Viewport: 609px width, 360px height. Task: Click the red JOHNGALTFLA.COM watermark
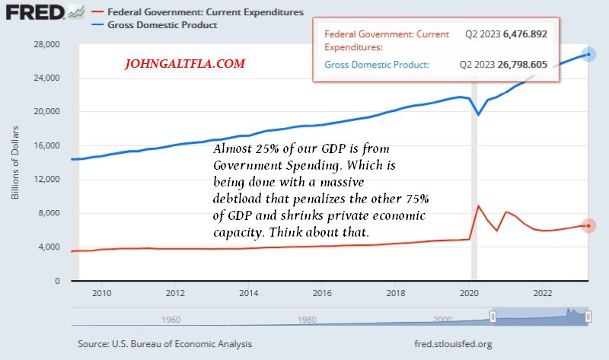(185, 65)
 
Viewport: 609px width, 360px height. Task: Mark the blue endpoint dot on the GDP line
(588, 55)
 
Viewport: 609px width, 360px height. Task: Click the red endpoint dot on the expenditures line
(588, 226)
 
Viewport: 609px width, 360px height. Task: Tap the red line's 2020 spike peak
(477, 205)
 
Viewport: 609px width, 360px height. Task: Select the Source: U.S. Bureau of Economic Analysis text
(165, 344)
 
